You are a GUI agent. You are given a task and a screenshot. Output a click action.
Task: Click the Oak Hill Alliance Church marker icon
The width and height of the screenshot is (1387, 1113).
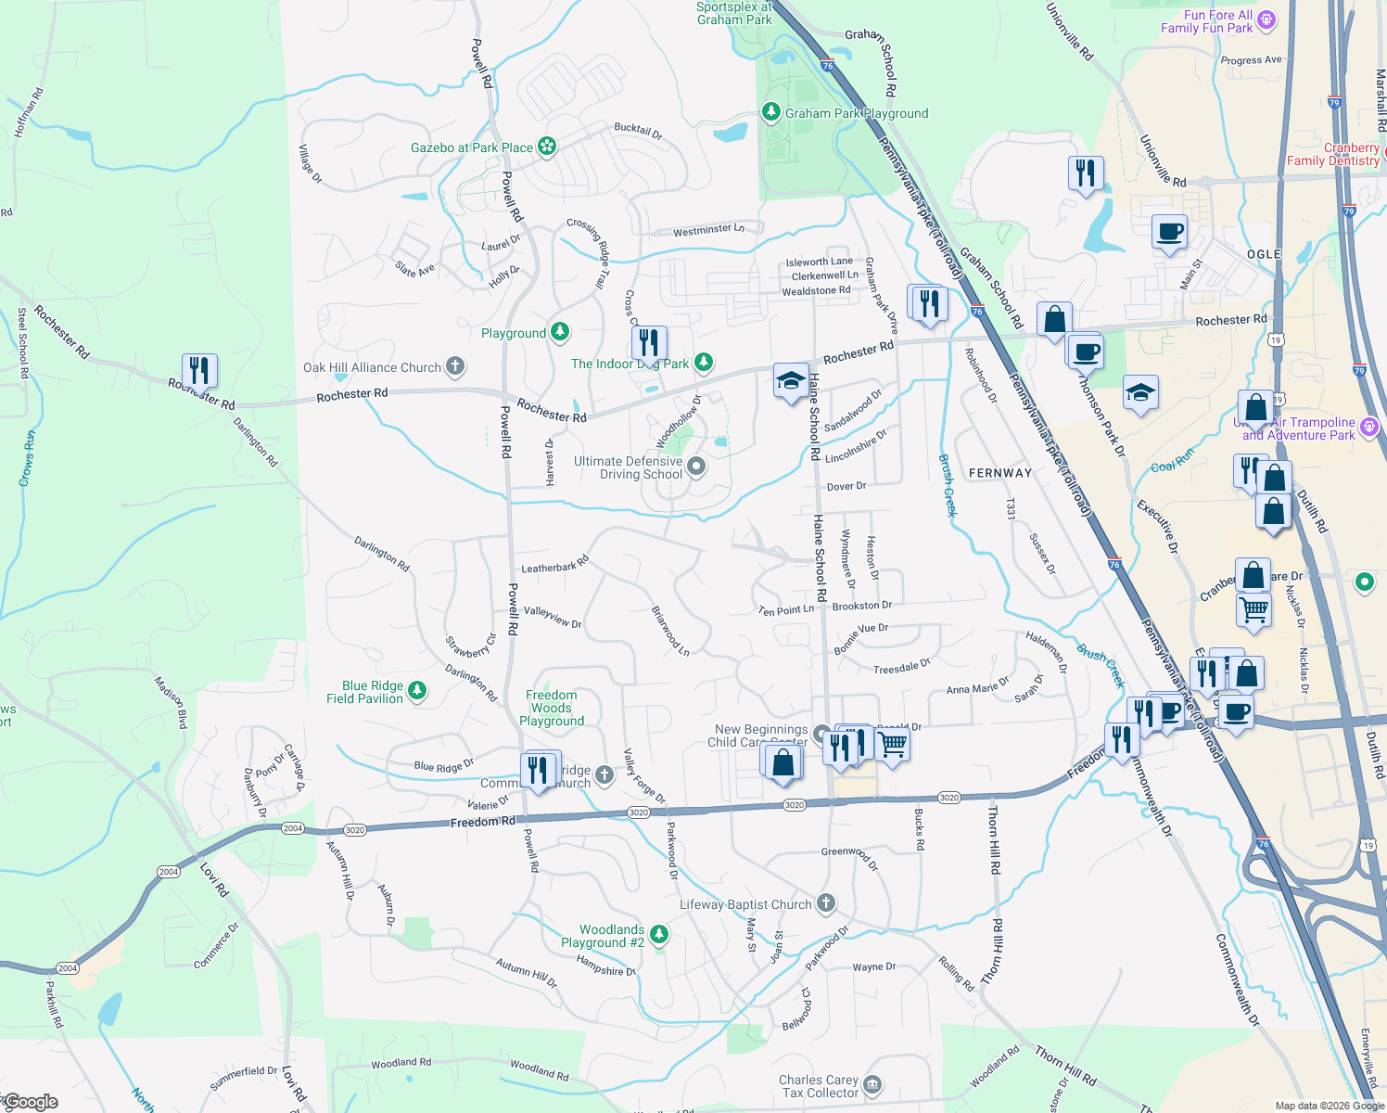coord(454,366)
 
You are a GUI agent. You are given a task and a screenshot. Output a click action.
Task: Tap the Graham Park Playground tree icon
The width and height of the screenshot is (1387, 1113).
coord(770,112)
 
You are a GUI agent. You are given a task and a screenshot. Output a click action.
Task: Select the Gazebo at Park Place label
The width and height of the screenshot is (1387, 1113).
coord(472,147)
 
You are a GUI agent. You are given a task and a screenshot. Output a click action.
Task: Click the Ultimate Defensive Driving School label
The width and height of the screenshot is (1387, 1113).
coord(628,467)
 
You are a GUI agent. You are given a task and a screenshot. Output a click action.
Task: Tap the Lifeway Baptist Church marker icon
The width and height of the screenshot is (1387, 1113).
coord(826,903)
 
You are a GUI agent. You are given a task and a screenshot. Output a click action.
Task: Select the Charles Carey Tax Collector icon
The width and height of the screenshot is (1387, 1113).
coord(872,1084)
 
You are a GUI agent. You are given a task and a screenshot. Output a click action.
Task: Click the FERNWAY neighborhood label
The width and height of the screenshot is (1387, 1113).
coord(999,473)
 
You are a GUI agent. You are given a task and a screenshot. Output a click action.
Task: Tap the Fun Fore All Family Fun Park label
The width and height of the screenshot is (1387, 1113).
coord(1206,21)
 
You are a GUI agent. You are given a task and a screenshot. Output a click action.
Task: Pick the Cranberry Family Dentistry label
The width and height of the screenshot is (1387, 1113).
coord(1333,154)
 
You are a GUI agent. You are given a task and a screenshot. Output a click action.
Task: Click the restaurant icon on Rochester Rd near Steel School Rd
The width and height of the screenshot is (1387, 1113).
coord(199,371)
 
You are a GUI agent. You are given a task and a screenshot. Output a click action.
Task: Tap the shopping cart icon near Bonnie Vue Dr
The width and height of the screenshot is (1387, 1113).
coord(892,743)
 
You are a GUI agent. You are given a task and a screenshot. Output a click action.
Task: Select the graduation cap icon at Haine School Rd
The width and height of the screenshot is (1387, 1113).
coord(791,380)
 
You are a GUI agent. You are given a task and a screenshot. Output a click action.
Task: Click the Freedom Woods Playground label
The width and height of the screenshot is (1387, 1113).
coord(552,708)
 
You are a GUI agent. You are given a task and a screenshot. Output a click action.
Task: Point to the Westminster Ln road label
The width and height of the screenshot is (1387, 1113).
coord(708,229)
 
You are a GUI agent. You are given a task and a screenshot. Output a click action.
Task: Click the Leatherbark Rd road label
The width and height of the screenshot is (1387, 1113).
coord(554,565)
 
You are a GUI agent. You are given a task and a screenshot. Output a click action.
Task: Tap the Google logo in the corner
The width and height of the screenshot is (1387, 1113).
coord(30,1102)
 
